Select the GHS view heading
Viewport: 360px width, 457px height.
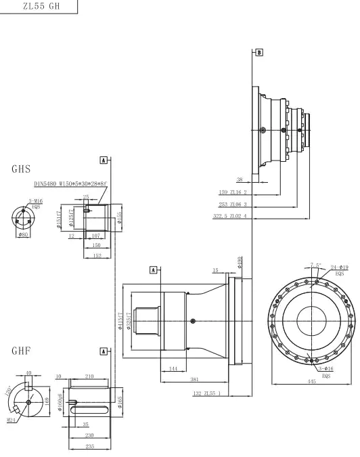(x=22, y=169)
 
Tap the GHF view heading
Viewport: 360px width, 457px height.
(x=22, y=351)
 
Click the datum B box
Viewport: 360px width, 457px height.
(x=258, y=52)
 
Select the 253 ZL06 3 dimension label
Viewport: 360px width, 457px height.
(x=233, y=204)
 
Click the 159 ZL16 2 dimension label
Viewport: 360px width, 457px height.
(x=233, y=192)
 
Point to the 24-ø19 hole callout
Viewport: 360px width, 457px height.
(x=339, y=268)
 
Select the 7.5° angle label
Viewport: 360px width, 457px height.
(x=315, y=264)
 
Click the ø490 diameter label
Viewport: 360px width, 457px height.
(x=239, y=261)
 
